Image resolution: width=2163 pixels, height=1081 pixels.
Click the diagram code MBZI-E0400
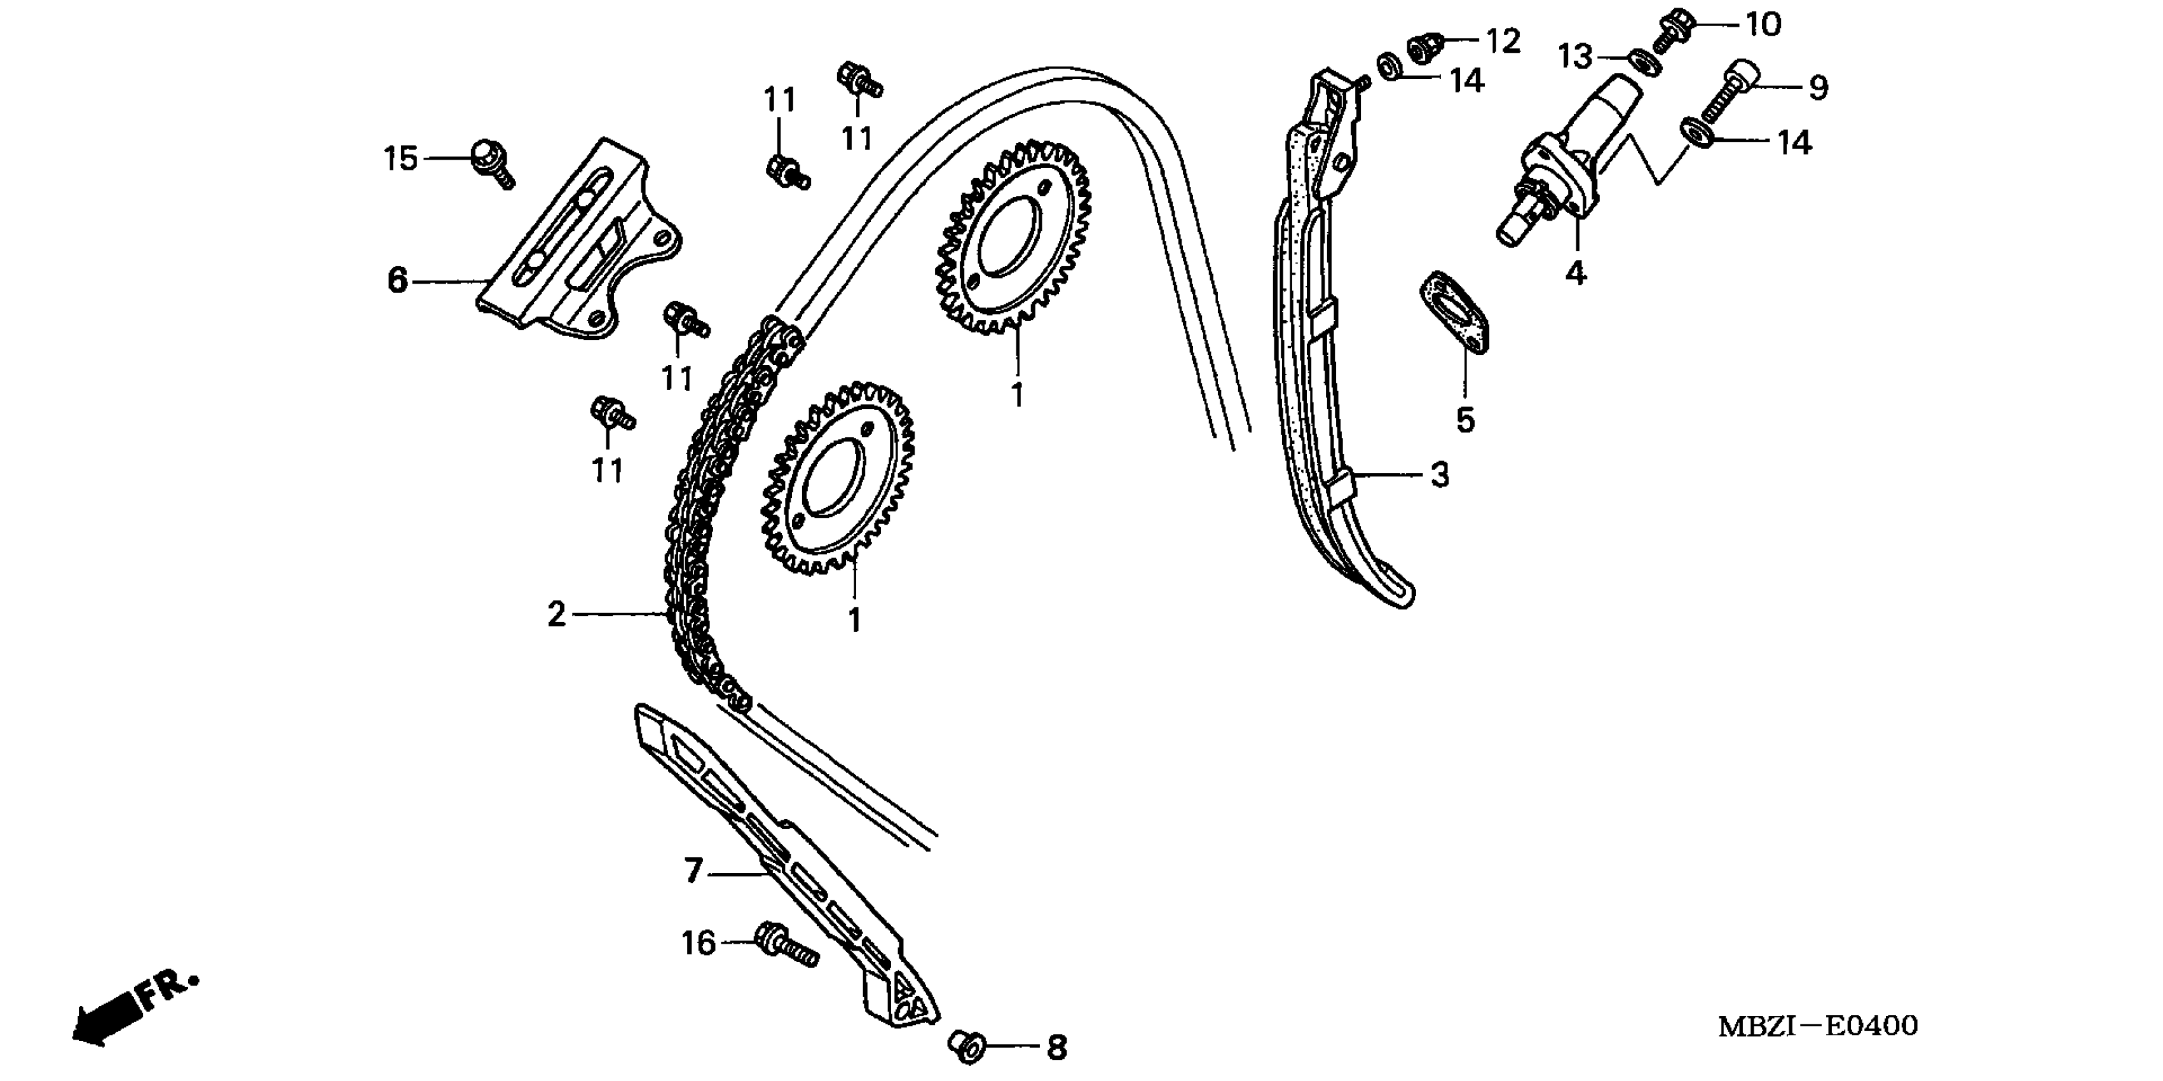click(1818, 1026)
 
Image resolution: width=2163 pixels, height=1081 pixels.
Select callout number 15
click(400, 158)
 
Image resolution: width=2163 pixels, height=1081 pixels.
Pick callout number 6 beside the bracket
click(397, 280)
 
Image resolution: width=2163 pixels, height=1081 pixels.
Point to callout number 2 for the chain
click(557, 615)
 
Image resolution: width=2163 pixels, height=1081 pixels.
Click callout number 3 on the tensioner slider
click(1439, 476)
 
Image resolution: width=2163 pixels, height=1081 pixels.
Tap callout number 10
click(1763, 25)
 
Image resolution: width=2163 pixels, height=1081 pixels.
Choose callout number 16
click(698, 943)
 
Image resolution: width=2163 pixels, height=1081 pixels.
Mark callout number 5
click(1465, 420)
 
